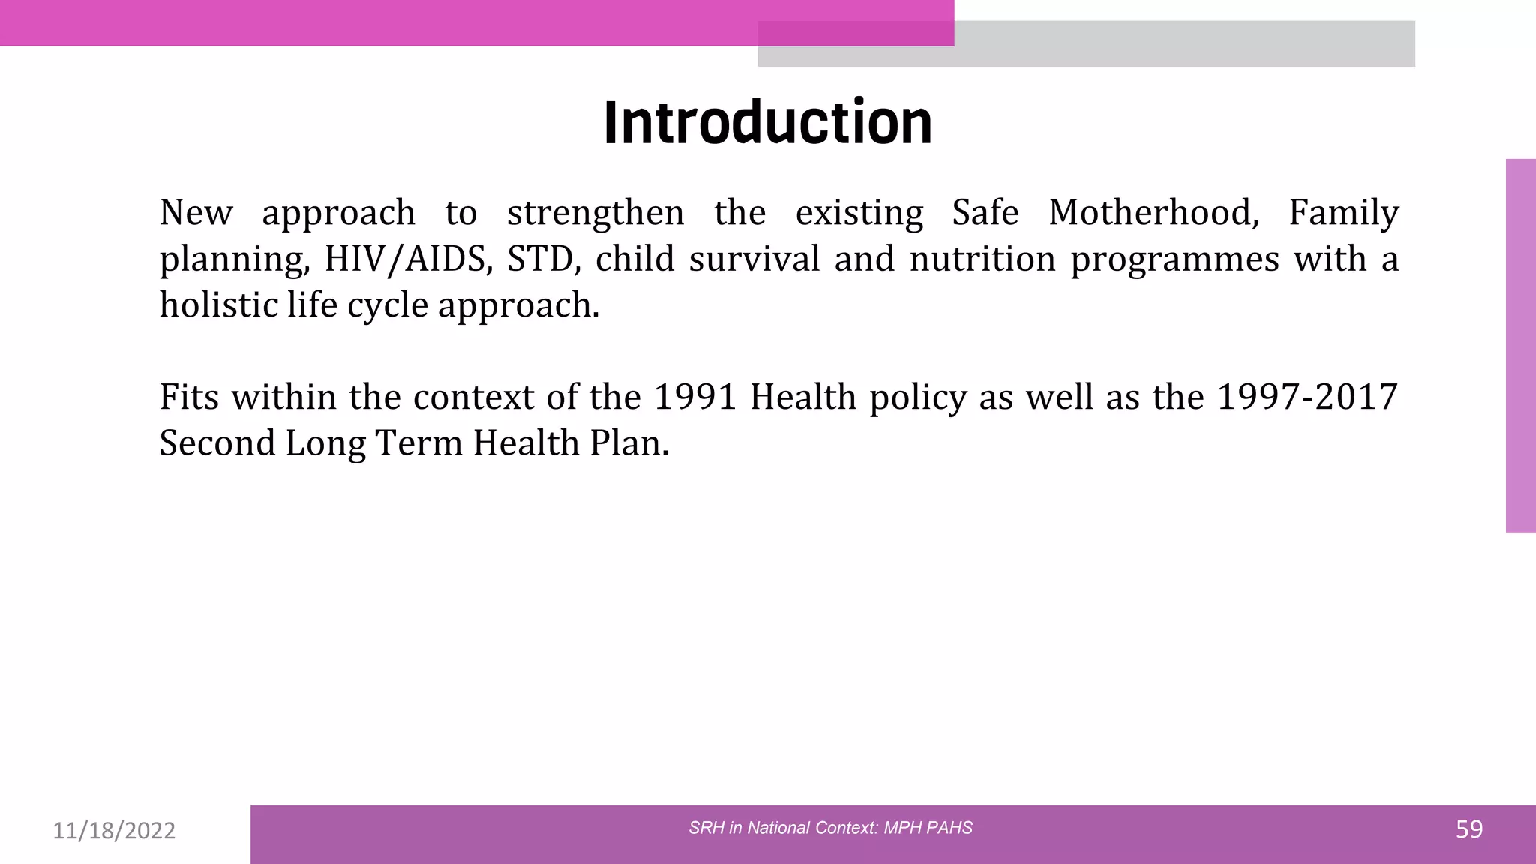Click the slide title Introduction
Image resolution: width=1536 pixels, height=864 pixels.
[767, 122]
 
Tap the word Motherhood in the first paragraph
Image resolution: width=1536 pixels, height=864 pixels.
[1153, 212]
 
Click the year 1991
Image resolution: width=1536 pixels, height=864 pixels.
[695, 397]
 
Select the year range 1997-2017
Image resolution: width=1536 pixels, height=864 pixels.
[1307, 397]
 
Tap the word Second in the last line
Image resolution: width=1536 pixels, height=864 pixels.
[217, 442]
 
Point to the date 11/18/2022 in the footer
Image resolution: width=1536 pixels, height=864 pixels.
[114, 830]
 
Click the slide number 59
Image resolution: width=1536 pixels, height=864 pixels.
[1469, 829]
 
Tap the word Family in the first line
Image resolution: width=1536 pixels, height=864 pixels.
[1344, 212]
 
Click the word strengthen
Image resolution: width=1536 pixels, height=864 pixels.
[595, 212]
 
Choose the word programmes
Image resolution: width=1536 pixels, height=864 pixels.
[1174, 260]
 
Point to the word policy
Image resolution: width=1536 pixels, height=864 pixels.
[918, 398]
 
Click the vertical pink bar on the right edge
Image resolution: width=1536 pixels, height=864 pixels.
[1520, 346]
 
